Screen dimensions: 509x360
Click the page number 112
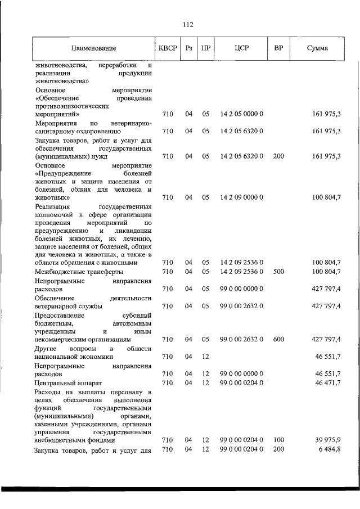(x=188, y=24)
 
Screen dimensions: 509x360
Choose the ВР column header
(x=278, y=48)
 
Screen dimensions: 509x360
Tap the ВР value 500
(x=278, y=272)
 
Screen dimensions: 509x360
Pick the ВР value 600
(x=278, y=339)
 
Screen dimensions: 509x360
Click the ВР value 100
(x=278, y=440)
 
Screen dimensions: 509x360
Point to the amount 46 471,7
(x=327, y=382)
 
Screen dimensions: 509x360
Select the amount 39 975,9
(x=327, y=440)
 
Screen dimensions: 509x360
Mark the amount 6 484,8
(x=329, y=450)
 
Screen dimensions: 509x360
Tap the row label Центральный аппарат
(x=67, y=382)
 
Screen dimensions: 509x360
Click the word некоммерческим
(x=62, y=339)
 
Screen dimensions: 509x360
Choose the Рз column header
(x=188, y=48)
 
